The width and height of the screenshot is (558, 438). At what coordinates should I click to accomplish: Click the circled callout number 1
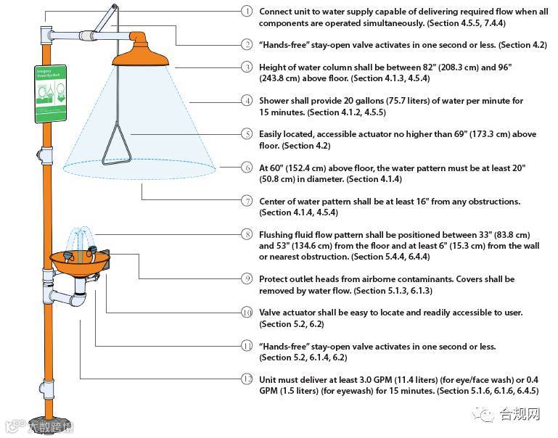point(247,11)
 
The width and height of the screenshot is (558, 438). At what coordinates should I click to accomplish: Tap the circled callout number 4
point(247,100)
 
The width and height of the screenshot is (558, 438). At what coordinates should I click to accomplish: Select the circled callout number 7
point(247,201)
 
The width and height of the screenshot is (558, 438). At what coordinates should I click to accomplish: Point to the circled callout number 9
point(247,278)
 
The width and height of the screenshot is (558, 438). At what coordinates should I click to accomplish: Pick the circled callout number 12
point(247,379)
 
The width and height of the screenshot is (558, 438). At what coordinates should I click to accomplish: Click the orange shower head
point(142,48)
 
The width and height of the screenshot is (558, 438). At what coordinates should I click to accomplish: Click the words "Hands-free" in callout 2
point(285,45)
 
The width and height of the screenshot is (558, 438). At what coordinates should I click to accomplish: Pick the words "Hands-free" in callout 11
point(285,347)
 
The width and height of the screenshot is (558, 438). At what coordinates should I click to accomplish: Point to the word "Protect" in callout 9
point(275,279)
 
